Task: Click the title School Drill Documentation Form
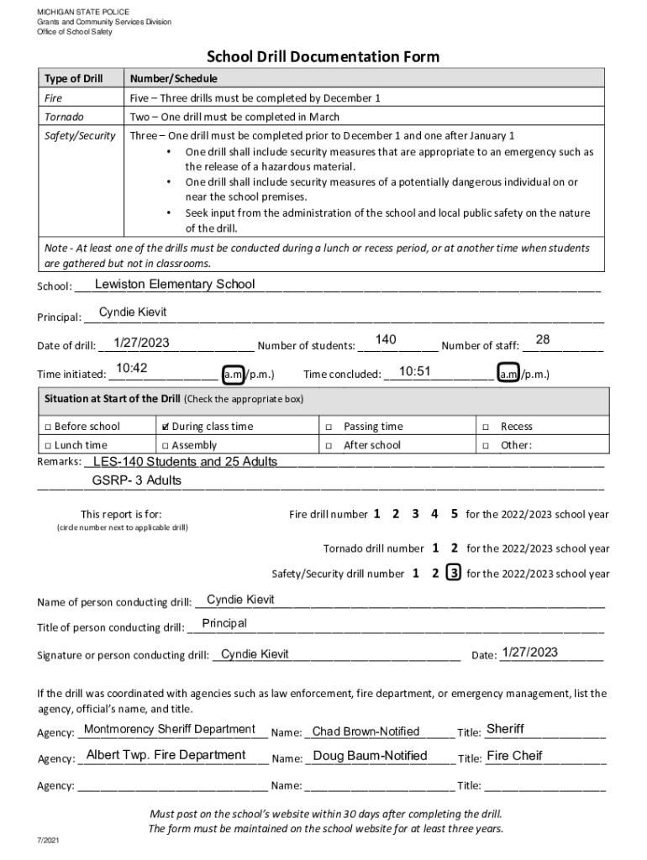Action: pyautogui.click(x=323, y=57)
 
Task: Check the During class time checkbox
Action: pyautogui.click(x=166, y=427)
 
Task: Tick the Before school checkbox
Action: pyautogui.click(x=49, y=427)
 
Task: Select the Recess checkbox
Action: pyautogui.click(x=486, y=427)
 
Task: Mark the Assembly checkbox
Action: pyautogui.click(x=166, y=445)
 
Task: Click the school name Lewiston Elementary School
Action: pyautogui.click(x=175, y=284)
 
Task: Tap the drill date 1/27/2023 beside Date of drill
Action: pyautogui.click(x=142, y=342)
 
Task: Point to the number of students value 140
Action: pyautogui.click(x=386, y=338)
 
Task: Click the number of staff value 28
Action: pyautogui.click(x=542, y=338)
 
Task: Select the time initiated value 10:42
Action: pyautogui.click(x=132, y=369)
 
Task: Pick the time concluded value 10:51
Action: pyautogui.click(x=414, y=371)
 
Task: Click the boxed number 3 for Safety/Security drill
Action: pyautogui.click(x=454, y=574)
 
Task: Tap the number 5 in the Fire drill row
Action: pyautogui.click(x=455, y=514)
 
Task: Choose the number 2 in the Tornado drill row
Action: pyautogui.click(x=455, y=548)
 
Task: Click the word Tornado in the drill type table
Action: pyautogui.click(x=64, y=117)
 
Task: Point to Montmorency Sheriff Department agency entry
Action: pyautogui.click(x=170, y=729)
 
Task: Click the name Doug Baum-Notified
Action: pyautogui.click(x=370, y=756)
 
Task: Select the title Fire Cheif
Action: pyautogui.click(x=514, y=755)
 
